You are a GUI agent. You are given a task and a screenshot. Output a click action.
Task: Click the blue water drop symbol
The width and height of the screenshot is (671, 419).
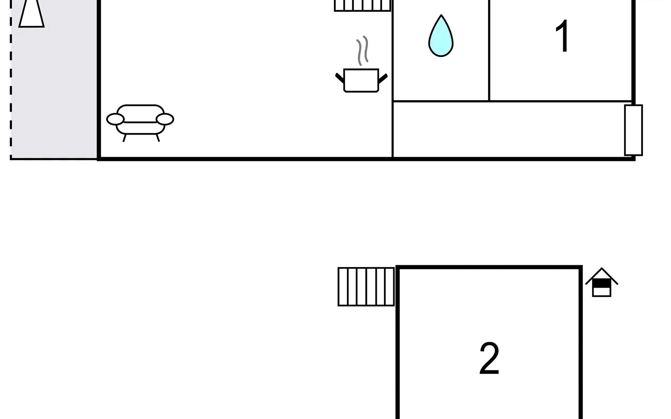tap(441, 36)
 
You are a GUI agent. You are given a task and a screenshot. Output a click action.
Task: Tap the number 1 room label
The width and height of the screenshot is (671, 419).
tap(562, 36)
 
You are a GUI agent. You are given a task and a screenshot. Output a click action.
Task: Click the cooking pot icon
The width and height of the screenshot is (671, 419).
tap(361, 80)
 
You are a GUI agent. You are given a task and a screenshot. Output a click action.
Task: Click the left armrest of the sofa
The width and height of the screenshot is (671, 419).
tap(115, 119)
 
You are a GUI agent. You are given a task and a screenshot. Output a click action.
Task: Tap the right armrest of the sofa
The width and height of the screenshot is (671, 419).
tap(165, 119)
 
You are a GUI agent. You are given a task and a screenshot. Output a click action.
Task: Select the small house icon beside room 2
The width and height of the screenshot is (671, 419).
tap(602, 282)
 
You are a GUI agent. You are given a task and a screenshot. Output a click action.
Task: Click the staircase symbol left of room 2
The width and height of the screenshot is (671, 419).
tap(366, 287)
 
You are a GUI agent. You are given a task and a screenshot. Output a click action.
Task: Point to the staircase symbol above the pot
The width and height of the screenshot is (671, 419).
tap(362, 6)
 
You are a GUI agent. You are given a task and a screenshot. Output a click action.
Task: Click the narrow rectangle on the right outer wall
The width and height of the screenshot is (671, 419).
tap(634, 130)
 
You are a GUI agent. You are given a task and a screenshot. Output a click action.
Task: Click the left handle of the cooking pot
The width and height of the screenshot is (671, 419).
tap(340, 78)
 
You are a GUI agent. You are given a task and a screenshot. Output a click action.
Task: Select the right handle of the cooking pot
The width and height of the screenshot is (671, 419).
tap(383, 78)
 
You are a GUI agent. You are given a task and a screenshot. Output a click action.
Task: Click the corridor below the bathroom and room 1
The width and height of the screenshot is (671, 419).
tap(509, 130)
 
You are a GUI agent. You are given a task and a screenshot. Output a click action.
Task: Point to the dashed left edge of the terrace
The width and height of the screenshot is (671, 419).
tap(11, 80)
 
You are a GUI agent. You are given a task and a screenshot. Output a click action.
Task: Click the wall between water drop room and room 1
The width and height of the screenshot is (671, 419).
tap(489, 50)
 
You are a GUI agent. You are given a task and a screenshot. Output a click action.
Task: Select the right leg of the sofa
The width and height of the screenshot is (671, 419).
tap(158, 138)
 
